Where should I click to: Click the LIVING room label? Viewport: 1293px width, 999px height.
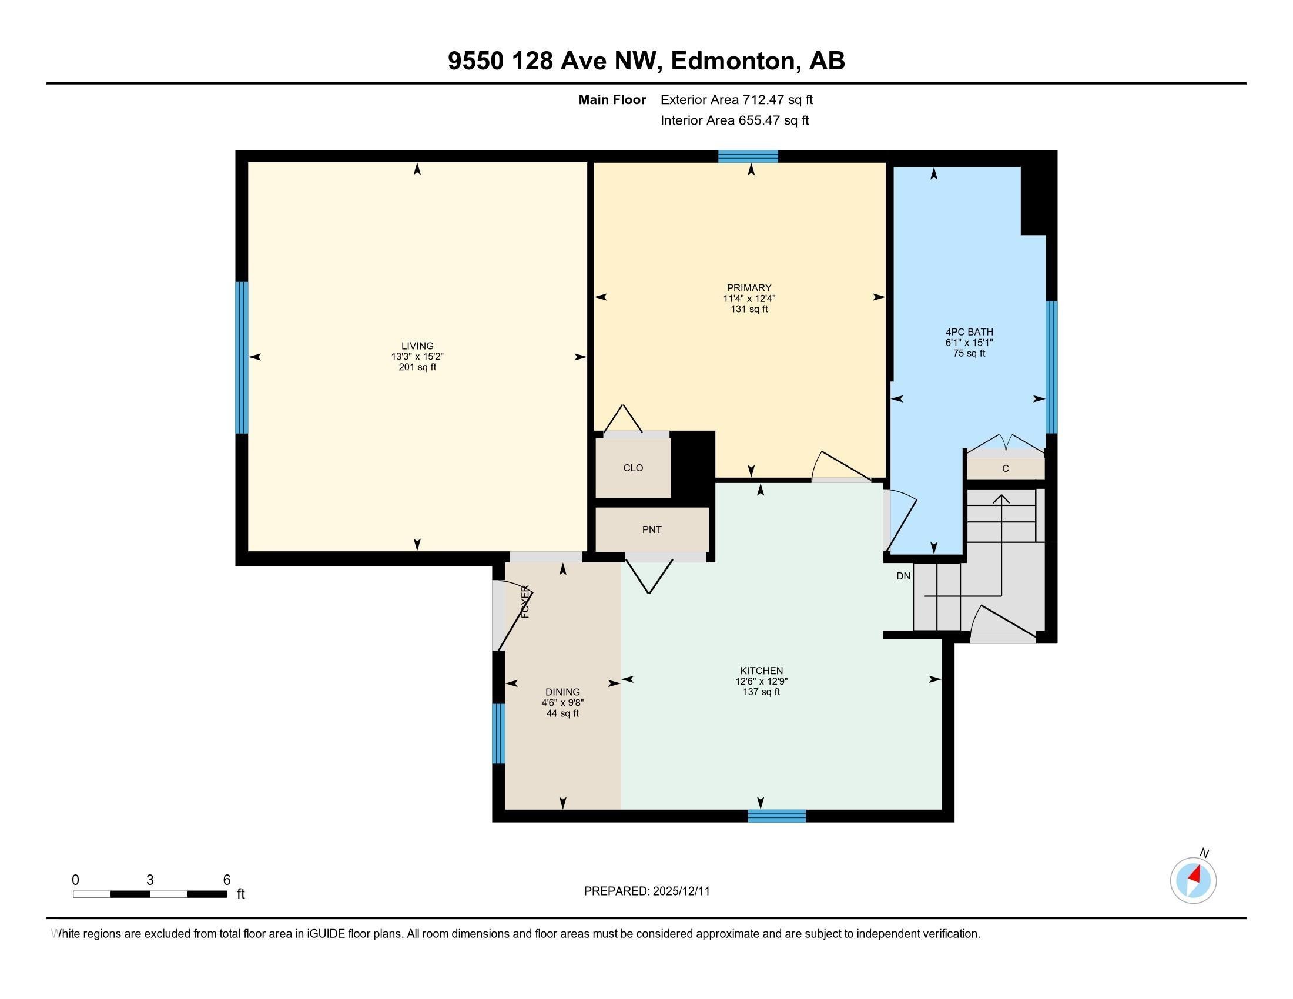pos(417,346)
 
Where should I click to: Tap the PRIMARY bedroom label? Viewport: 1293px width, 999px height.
pos(749,288)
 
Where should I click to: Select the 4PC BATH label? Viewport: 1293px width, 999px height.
pos(969,332)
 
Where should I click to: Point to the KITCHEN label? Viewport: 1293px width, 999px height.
pos(761,671)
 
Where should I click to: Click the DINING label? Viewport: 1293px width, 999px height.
pos(562,692)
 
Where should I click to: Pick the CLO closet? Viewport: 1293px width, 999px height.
pos(633,468)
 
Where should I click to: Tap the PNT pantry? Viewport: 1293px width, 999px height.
pos(652,529)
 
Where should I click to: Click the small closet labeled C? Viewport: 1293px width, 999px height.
pos(1005,469)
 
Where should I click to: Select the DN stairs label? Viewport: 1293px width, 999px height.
pos(903,576)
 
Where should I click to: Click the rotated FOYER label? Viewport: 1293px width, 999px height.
pos(525,601)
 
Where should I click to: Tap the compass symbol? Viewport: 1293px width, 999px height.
pos(1193,880)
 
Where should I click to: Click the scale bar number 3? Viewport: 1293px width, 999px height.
pos(150,880)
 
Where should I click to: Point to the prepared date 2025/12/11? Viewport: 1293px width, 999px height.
pos(680,891)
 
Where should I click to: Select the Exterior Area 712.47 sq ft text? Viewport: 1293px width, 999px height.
pos(736,99)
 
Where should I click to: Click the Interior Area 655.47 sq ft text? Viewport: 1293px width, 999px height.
pos(735,120)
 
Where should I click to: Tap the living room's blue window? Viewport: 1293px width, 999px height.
pos(242,357)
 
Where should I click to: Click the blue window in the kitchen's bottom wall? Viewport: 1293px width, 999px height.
pos(777,816)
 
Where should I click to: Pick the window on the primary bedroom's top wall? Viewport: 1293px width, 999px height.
pos(748,156)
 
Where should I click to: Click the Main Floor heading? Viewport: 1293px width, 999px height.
pos(612,99)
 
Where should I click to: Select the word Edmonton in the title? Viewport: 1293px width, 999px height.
pos(732,61)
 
